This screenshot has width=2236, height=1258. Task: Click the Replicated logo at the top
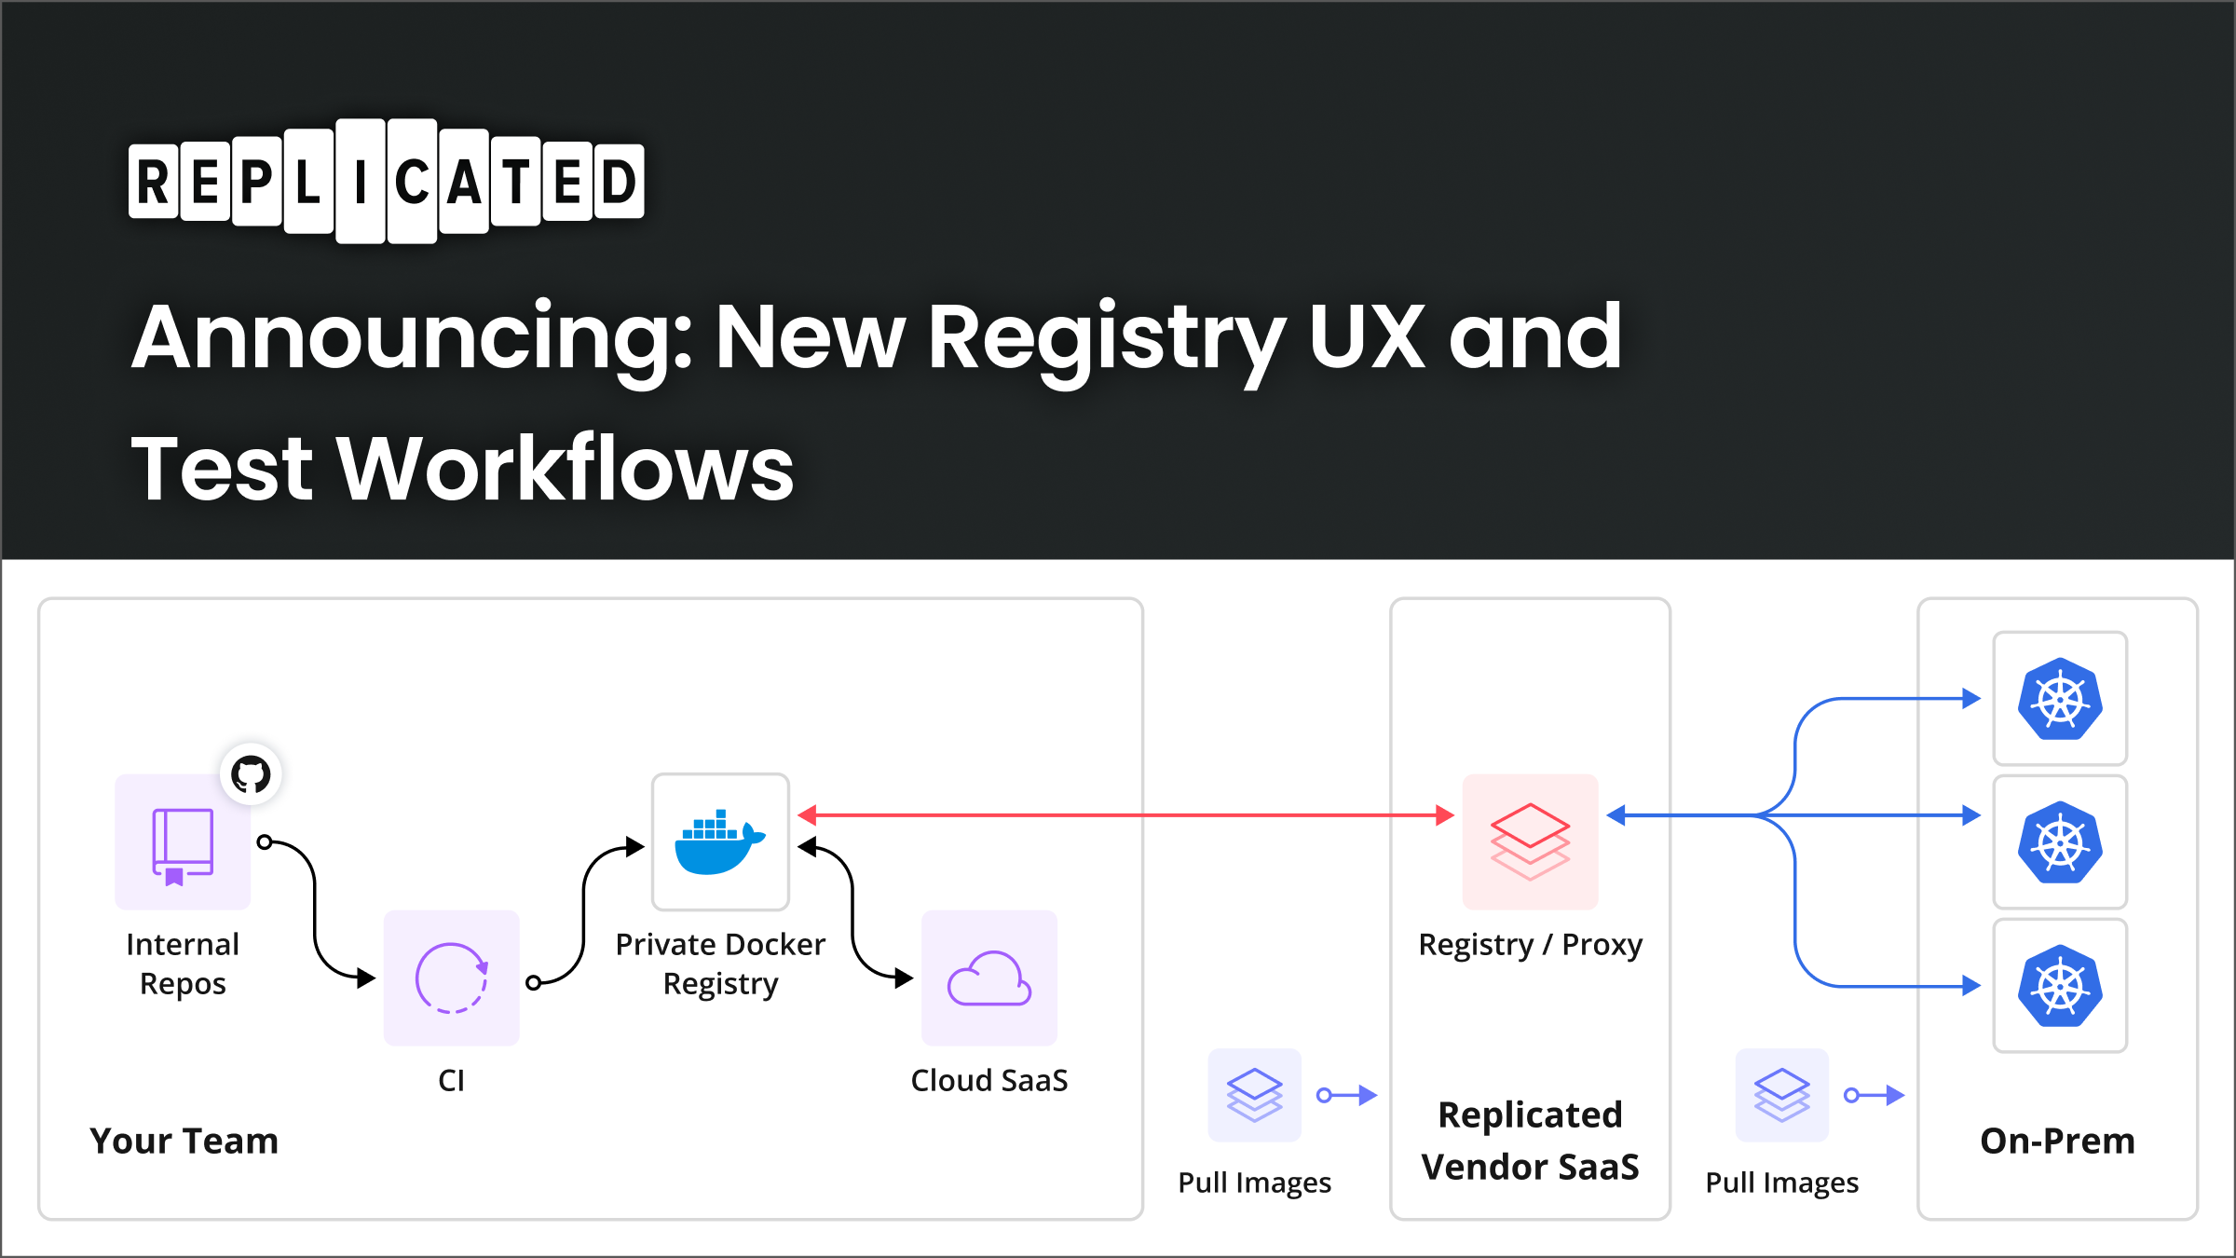(386, 182)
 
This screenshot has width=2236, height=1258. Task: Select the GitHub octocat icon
(251, 774)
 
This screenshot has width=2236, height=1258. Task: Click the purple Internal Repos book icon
(183, 842)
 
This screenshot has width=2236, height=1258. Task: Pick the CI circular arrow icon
(451, 978)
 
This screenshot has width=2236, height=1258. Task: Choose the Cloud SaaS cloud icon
(988, 978)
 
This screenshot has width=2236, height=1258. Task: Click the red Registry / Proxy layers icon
(1530, 841)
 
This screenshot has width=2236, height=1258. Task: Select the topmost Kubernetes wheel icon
(2060, 699)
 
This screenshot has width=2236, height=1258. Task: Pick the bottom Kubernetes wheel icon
(2060, 986)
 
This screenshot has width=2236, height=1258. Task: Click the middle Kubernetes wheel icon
(2060, 842)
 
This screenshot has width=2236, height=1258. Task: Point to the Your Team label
(184, 1141)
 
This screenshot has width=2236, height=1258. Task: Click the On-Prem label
(2057, 1141)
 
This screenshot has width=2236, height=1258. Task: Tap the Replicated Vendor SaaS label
(1530, 1141)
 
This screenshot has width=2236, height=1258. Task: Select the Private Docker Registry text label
(720, 964)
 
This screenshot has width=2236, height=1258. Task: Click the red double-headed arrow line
(1118, 815)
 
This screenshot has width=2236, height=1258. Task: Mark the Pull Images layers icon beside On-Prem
(1781, 1095)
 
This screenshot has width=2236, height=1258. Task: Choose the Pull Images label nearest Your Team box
(1254, 1183)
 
